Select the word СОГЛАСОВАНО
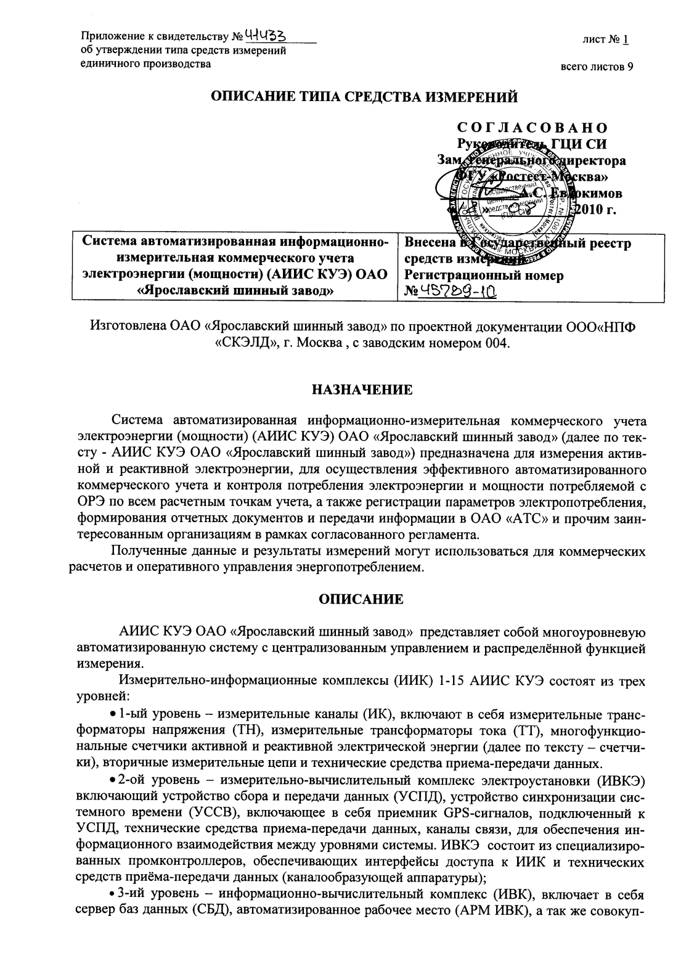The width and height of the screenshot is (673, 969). pos(532,128)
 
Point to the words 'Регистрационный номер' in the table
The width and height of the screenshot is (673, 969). pos(483,276)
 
